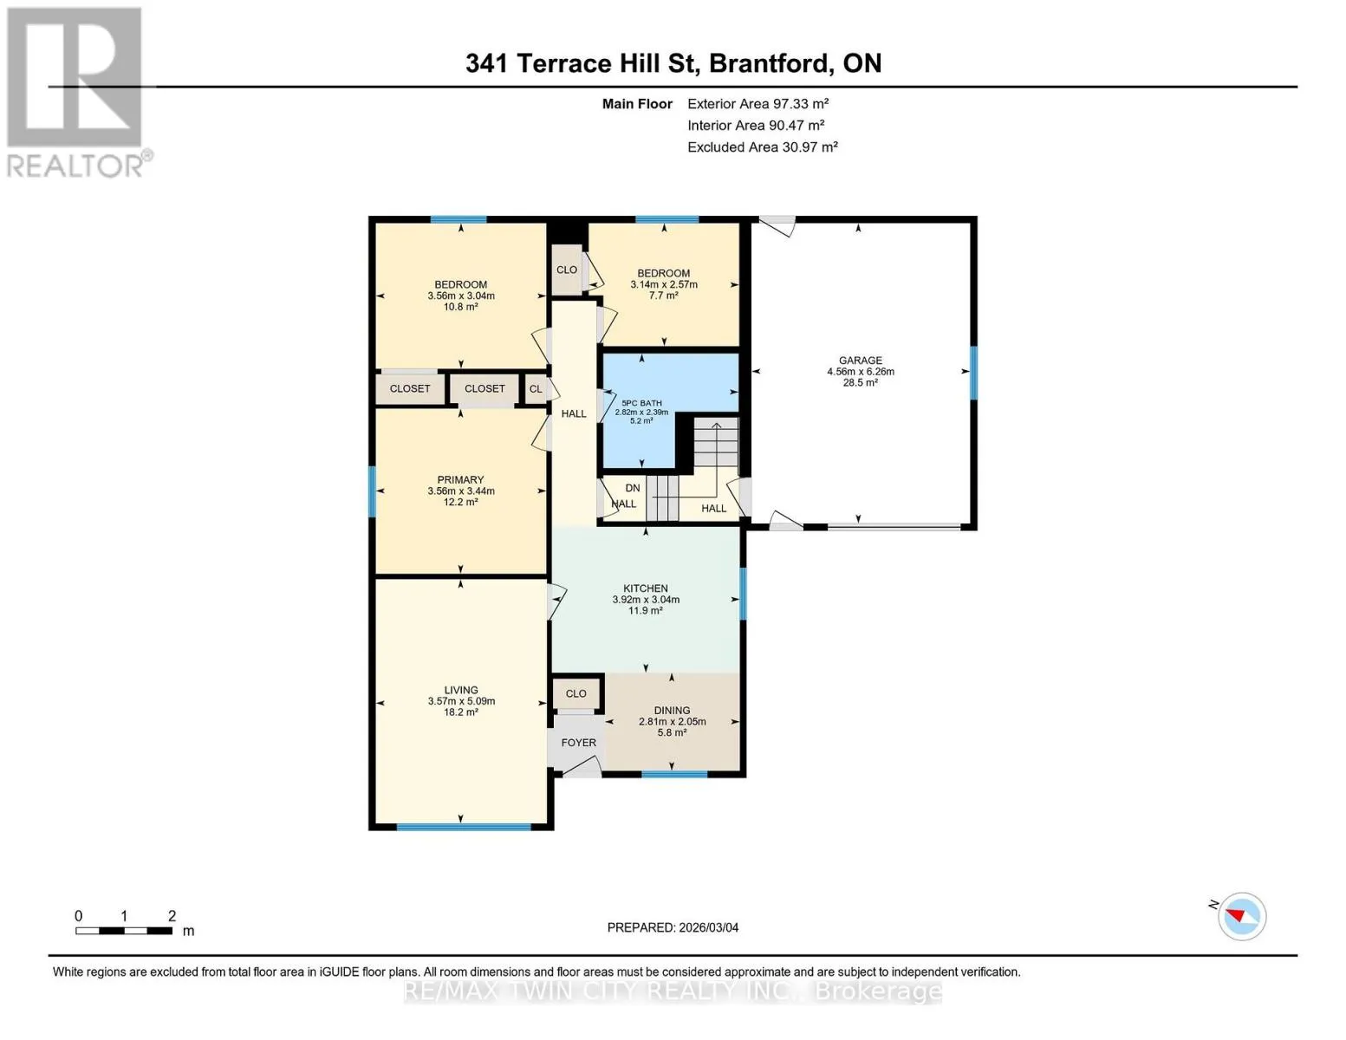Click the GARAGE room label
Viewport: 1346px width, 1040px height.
pos(860,360)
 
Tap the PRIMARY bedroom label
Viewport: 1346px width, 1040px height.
pos(460,479)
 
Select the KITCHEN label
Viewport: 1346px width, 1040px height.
pos(646,588)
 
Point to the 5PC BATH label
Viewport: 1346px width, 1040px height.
pos(641,403)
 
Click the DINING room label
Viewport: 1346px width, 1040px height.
pos(672,710)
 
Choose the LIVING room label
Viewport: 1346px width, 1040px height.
pos(461,689)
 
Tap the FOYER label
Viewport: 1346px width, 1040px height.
pos(579,742)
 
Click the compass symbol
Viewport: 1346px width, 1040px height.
pos(1241,916)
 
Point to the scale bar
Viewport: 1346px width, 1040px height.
pos(124,930)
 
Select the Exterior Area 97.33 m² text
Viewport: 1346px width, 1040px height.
pos(758,104)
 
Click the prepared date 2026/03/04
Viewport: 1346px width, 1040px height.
pos(709,927)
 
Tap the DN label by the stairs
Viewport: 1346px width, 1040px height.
pos(633,488)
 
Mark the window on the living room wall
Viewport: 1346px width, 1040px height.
pos(464,826)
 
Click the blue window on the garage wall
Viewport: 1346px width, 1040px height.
pos(973,373)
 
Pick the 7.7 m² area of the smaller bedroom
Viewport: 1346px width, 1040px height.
pos(663,296)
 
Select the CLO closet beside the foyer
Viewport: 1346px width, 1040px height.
pos(576,693)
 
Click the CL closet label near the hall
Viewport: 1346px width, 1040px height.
pos(536,389)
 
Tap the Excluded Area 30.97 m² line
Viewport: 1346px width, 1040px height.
pos(762,147)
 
